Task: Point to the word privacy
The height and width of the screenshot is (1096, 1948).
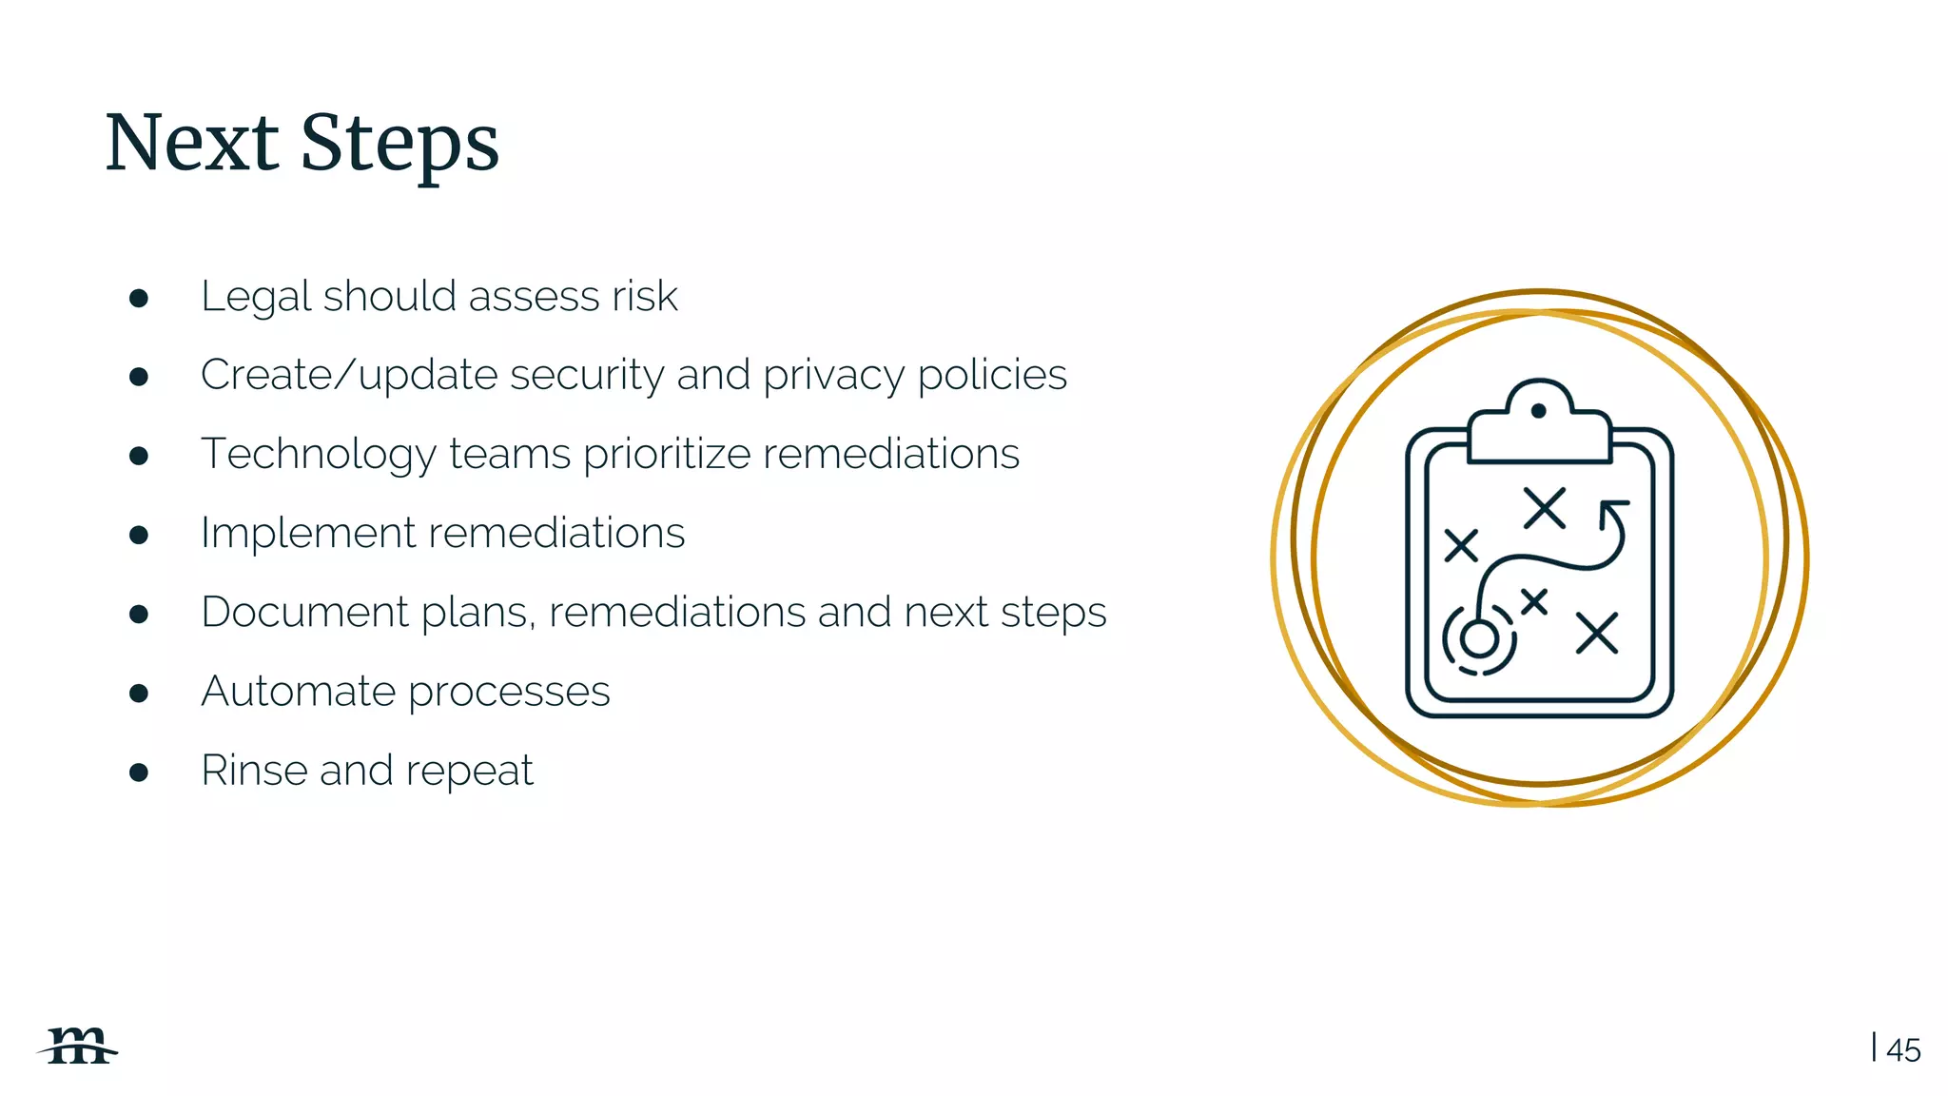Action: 832,377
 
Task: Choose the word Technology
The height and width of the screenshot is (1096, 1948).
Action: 318,455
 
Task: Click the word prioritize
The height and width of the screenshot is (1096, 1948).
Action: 667,455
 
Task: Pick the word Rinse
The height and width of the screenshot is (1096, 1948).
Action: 254,770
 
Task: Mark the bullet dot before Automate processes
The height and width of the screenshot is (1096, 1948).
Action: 139,693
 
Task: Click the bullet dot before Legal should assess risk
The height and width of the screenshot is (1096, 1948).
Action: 139,299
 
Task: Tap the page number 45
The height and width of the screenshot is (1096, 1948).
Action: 1903,1050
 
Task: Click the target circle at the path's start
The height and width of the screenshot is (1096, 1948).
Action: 1479,638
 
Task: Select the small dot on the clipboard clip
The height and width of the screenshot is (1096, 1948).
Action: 1538,411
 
